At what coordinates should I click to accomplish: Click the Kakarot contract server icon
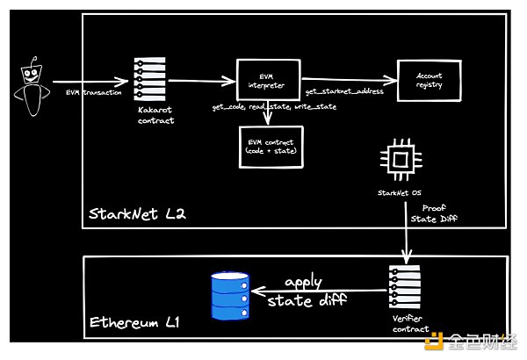(149, 81)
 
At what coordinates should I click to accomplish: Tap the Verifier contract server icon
(404, 284)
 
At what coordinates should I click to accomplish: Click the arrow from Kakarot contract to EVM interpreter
(201, 81)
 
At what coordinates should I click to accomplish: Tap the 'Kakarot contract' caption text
(150, 115)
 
